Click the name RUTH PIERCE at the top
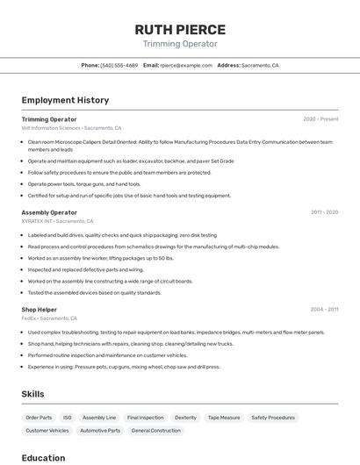[x=180, y=29]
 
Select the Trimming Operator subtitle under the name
[x=180, y=44]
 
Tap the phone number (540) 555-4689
[x=119, y=65]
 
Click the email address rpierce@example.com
[x=185, y=65]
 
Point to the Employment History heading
[x=65, y=100]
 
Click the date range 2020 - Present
[x=320, y=118]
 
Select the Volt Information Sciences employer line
[x=71, y=128]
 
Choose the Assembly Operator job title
[x=49, y=212]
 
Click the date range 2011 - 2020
[x=324, y=212]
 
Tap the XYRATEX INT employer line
[x=59, y=221]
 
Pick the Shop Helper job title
[x=40, y=309]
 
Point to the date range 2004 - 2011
[x=324, y=309]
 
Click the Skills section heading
[x=33, y=394]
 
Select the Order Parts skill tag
[x=39, y=418]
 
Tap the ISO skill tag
[x=68, y=418]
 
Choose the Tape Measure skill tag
[x=223, y=418]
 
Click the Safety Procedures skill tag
[x=273, y=418]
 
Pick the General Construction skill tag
[x=155, y=431]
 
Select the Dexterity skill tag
[x=185, y=418]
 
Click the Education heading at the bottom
[x=43, y=457]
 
